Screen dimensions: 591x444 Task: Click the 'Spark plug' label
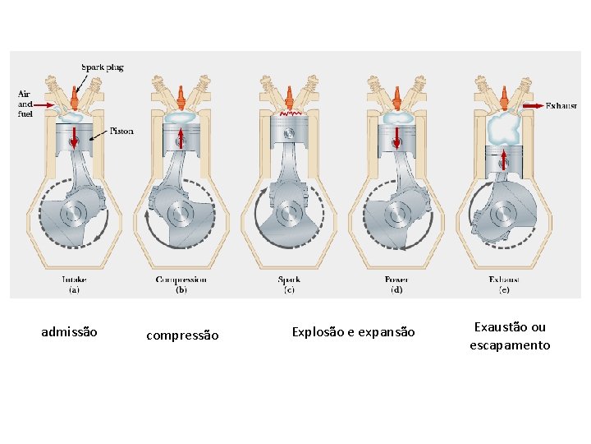pos(103,67)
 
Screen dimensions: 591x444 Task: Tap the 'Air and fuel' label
pos(25,104)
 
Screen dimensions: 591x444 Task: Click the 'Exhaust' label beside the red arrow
pos(561,106)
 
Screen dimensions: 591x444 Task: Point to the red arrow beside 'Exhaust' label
pos(532,106)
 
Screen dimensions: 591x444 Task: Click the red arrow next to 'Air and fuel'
pos(45,105)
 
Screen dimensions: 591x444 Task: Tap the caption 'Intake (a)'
pos(74,284)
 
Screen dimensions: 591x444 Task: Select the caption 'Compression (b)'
pos(181,284)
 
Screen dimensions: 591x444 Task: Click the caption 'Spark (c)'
pos(289,284)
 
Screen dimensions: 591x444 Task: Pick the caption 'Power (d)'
pos(396,284)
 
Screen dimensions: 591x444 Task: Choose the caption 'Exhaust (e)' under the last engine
pos(504,284)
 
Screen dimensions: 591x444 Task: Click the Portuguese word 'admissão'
pos(69,332)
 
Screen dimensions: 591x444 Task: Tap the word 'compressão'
pos(182,335)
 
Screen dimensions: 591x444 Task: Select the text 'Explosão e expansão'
pos(354,332)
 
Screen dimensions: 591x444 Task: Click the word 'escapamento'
pos(510,345)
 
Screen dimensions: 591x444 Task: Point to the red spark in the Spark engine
pos(288,111)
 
